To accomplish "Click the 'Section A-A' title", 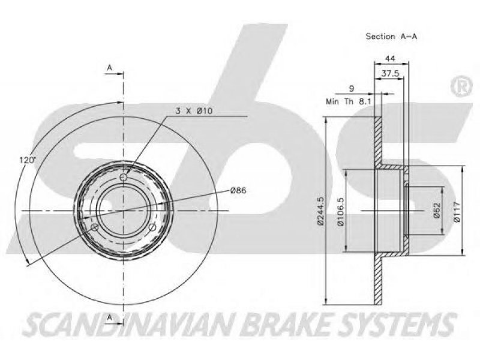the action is (392, 37).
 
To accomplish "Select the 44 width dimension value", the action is (390, 58).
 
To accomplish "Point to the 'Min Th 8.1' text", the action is (349, 101).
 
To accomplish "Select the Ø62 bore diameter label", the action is (437, 211).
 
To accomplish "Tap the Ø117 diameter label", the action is (457, 212).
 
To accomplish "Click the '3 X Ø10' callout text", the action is (194, 111).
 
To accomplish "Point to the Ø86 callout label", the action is (238, 190).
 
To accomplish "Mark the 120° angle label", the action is (28, 160).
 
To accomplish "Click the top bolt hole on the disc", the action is (124, 177).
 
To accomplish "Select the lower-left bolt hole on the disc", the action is (95, 227).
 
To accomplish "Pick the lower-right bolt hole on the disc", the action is (152, 227).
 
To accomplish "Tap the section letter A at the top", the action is (110, 68).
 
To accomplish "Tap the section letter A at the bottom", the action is (110, 319).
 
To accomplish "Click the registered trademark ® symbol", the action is (461, 86).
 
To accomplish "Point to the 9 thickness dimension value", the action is (352, 89).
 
